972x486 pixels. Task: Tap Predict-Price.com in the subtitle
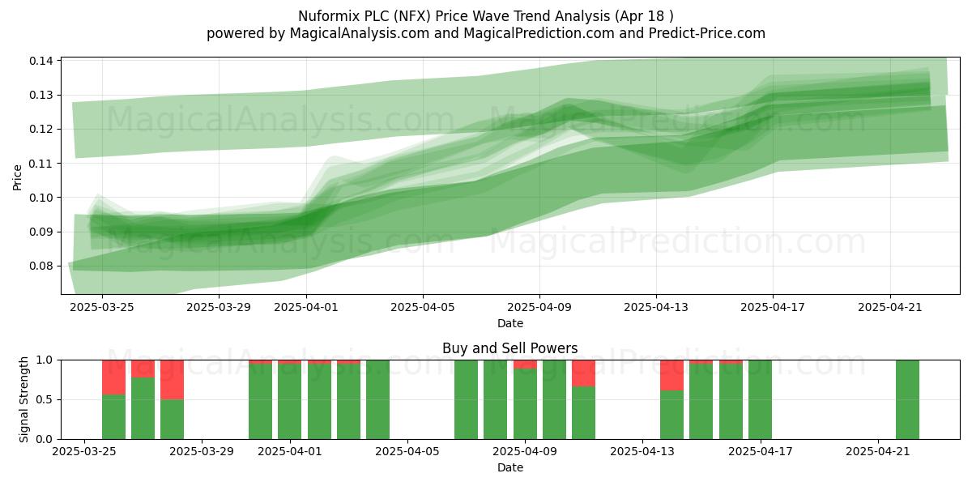click(707, 33)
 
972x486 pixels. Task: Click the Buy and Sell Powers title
click(509, 348)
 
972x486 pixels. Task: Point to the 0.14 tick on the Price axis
click(41, 61)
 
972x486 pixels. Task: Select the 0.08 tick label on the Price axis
click(41, 266)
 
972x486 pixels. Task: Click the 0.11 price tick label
click(41, 164)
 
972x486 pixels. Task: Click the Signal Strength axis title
click(23, 399)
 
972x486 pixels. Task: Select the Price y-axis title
click(17, 177)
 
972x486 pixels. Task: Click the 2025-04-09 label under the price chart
click(539, 307)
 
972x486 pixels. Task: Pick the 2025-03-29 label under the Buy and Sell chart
click(202, 451)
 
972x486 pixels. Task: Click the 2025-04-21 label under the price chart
click(890, 307)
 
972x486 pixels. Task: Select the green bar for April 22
click(907, 399)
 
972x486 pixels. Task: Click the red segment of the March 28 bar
click(172, 380)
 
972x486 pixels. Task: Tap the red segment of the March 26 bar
click(113, 377)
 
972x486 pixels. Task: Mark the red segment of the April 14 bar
click(671, 375)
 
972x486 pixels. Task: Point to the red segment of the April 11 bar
click(583, 373)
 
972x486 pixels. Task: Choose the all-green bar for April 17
click(760, 399)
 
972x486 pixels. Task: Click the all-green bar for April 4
click(377, 399)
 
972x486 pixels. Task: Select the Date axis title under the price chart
click(509, 323)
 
